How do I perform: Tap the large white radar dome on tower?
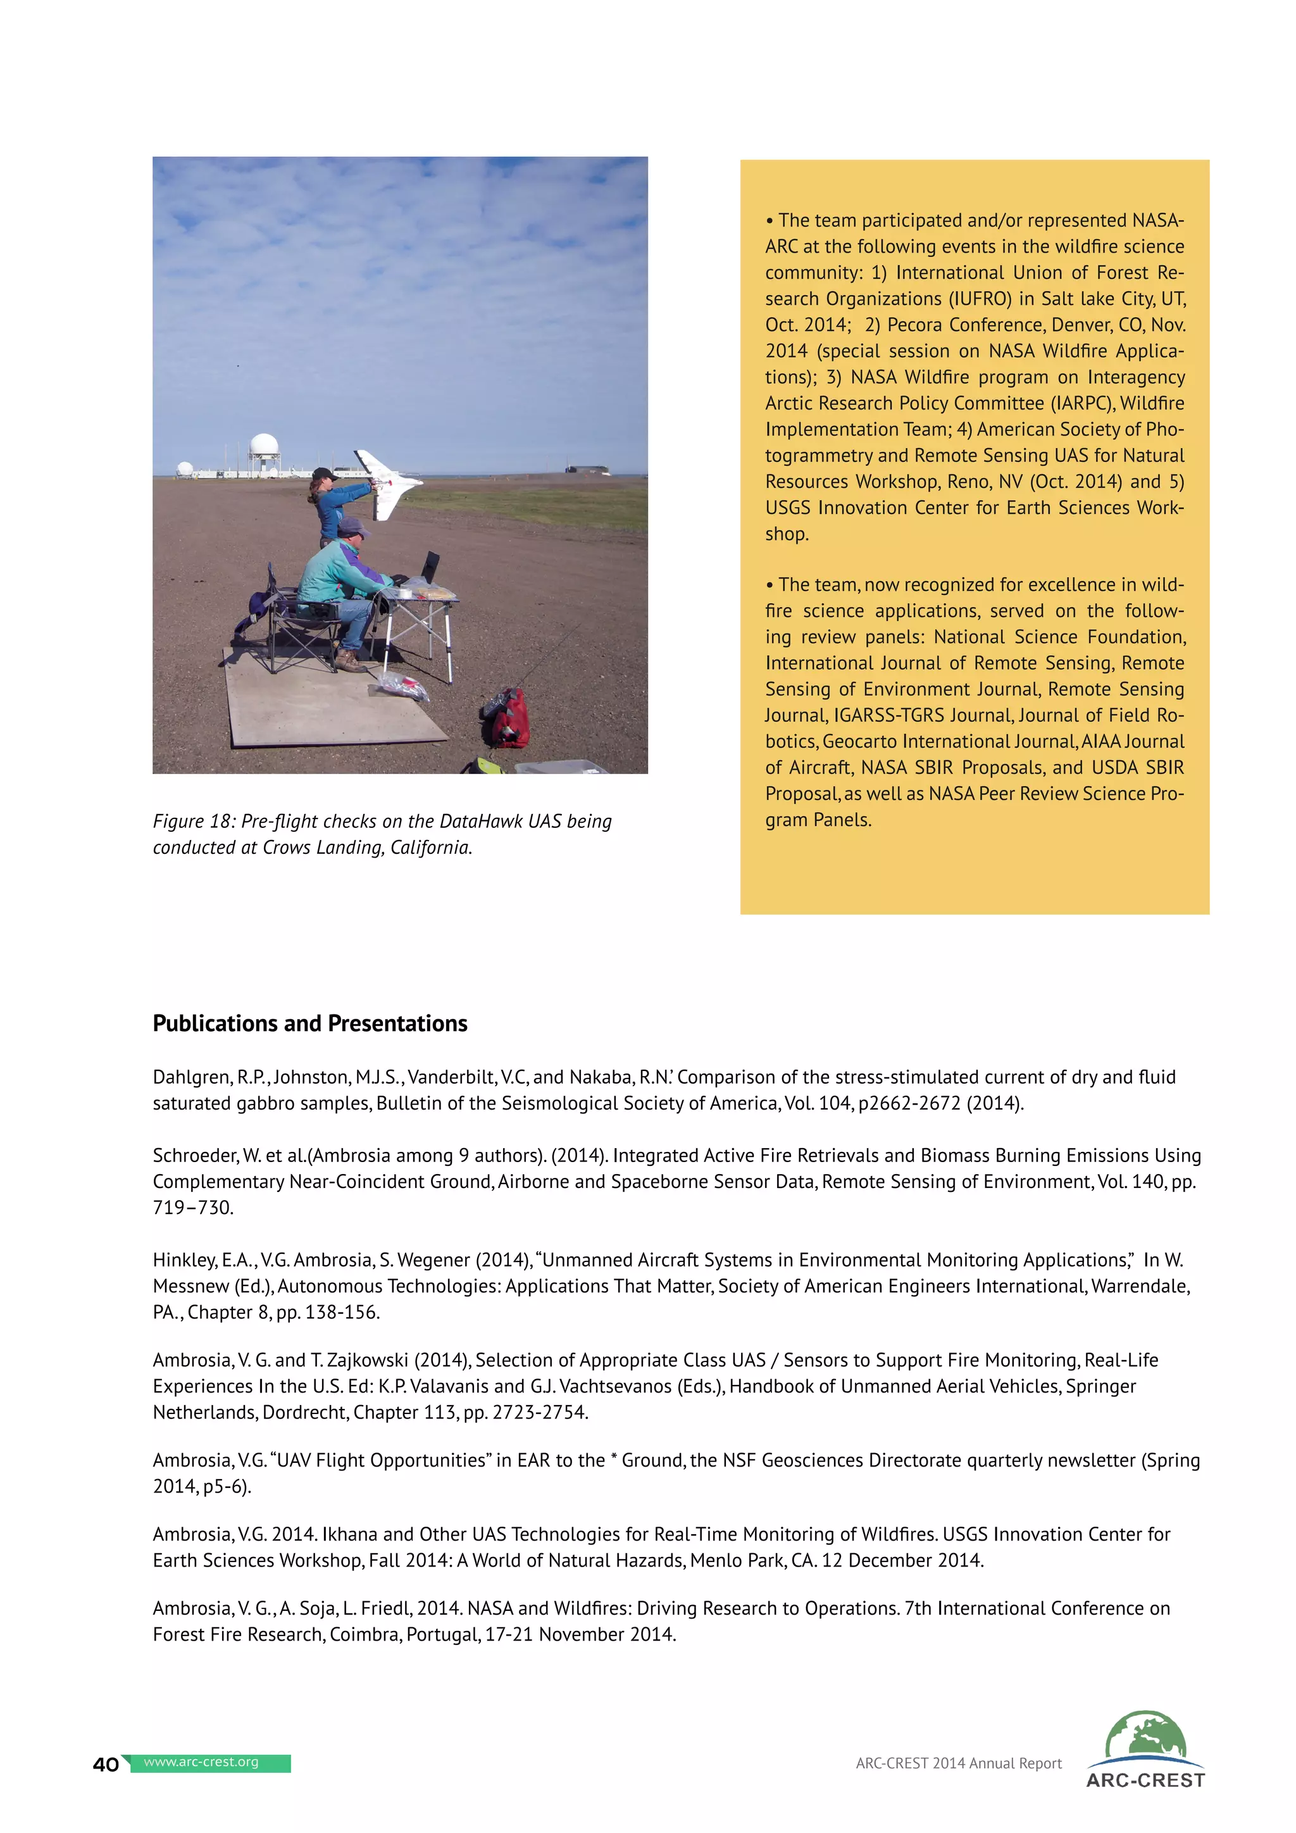click(x=264, y=445)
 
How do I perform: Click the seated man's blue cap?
click(x=352, y=527)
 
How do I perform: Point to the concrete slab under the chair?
click(x=335, y=703)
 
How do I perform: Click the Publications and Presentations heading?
click(x=309, y=1023)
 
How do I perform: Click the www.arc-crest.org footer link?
click(x=201, y=1762)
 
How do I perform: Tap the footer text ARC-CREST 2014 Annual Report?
click(x=959, y=1763)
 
